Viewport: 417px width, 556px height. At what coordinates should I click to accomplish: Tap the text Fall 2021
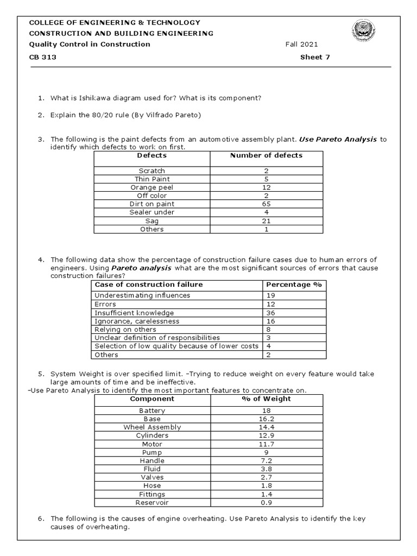tap(301, 45)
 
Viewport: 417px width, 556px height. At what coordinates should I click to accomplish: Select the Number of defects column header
tap(266, 155)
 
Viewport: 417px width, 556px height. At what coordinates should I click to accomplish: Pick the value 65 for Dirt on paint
tap(266, 204)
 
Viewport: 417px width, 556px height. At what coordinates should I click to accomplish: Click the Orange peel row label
tap(151, 187)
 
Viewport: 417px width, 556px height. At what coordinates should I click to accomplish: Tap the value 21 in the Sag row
tap(266, 221)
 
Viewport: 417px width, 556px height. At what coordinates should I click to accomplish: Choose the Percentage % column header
tap(294, 285)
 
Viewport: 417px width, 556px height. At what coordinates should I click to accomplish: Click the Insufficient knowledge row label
tap(134, 313)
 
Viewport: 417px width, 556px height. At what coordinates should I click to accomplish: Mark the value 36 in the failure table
tap(270, 313)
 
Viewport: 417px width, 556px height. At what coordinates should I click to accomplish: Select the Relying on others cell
tap(125, 330)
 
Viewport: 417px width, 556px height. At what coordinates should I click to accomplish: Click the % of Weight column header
tap(266, 399)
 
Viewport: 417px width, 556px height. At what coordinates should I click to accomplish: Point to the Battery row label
tap(152, 411)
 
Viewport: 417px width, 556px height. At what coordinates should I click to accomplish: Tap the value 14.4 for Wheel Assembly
tap(266, 427)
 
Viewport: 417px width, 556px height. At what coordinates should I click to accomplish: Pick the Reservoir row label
tap(152, 503)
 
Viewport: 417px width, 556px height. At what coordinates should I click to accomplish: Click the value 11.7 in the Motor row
tap(266, 444)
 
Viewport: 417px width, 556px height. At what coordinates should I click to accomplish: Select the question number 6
tap(41, 519)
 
